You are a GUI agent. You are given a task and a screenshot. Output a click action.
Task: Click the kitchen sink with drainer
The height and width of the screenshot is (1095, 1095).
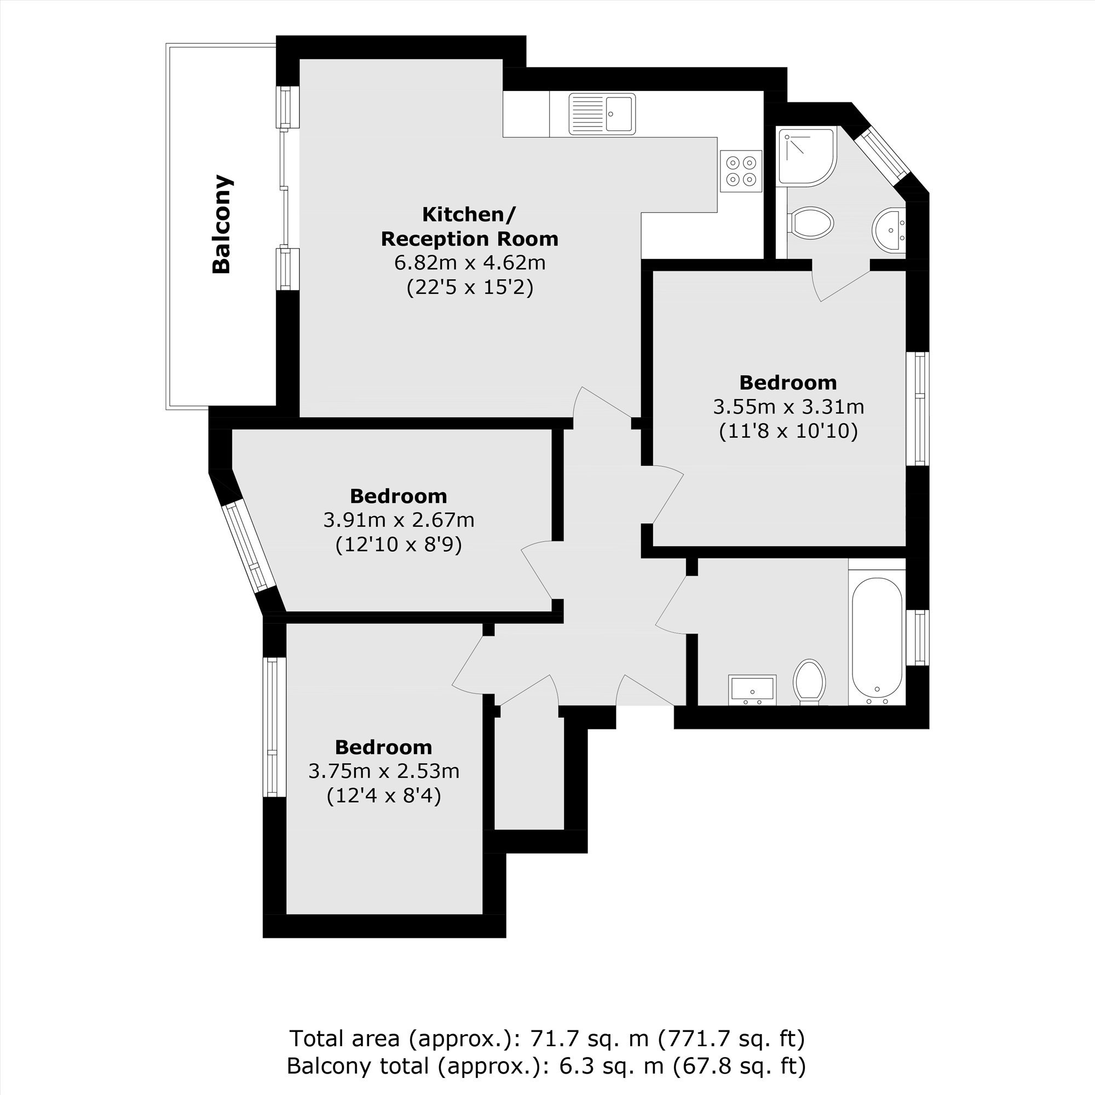602,114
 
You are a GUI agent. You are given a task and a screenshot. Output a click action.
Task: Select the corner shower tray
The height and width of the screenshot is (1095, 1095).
807,157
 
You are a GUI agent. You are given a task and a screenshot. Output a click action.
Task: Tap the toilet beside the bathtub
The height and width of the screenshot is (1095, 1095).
809,682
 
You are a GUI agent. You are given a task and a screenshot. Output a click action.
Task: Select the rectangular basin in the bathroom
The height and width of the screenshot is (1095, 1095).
752,690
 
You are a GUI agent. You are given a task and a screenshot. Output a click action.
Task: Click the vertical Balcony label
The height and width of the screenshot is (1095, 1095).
222,224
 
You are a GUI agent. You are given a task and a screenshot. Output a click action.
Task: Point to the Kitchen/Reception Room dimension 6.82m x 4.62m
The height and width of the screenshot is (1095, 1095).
470,263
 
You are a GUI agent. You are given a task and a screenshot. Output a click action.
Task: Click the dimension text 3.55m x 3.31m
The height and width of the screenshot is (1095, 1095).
788,407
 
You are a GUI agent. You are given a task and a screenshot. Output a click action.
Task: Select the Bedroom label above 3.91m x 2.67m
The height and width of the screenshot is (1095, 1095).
399,496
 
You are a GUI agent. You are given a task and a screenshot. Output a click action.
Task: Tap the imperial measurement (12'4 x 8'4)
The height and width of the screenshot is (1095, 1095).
384,796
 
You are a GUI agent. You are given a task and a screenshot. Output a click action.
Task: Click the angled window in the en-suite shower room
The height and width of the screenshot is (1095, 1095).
882,155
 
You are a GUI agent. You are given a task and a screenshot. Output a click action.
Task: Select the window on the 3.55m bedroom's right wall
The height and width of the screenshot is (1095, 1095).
918,408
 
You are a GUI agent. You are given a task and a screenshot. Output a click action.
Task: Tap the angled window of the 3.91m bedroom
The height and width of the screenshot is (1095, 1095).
247,546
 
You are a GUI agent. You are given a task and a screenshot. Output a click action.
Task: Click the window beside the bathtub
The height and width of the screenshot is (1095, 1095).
918,637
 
